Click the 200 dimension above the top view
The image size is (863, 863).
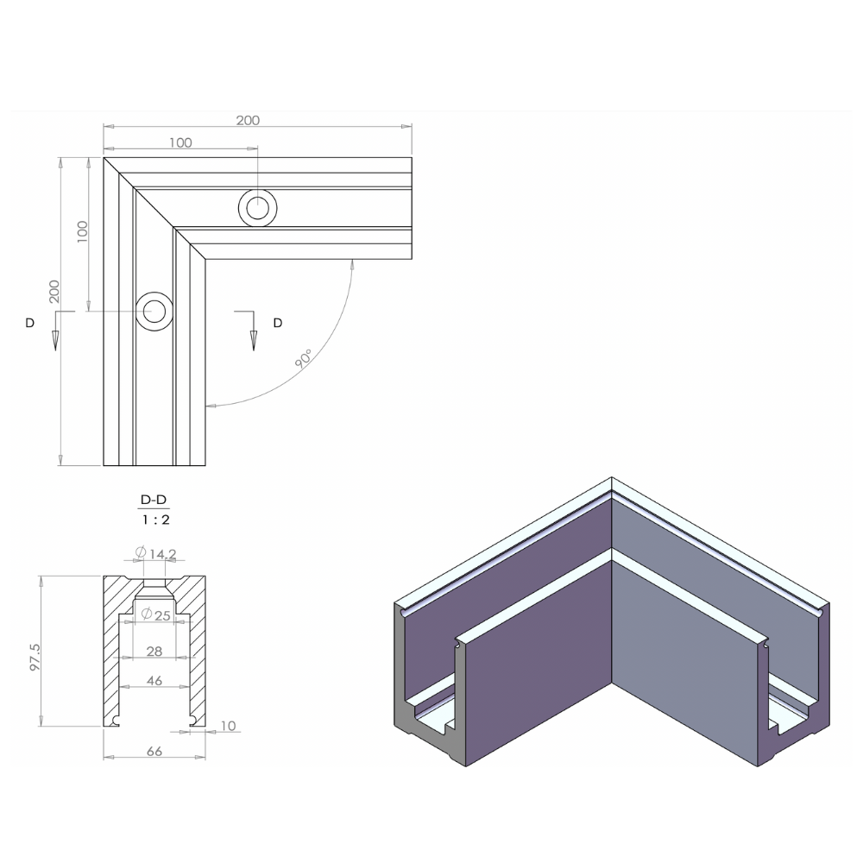pyautogui.click(x=248, y=121)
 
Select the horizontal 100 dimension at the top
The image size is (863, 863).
pyautogui.click(x=180, y=143)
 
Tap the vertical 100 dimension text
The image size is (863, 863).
pyautogui.click(x=82, y=231)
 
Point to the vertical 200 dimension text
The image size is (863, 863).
pyautogui.click(x=54, y=291)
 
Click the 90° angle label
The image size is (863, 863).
pyautogui.click(x=304, y=360)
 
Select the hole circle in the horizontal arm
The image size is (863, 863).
pyautogui.click(x=258, y=208)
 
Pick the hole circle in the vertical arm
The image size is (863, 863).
pyautogui.click(x=154, y=311)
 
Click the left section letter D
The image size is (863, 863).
pyautogui.click(x=30, y=323)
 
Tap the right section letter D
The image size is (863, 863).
pyautogui.click(x=277, y=323)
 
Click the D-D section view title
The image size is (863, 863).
pyautogui.click(x=154, y=501)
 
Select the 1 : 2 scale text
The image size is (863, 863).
pyautogui.click(x=154, y=520)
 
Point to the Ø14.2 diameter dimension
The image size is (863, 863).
pyautogui.click(x=156, y=553)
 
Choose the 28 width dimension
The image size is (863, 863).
pyautogui.click(x=154, y=651)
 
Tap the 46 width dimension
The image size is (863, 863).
pyautogui.click(x=154, y=681)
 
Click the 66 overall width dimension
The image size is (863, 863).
pyautogui.click(x=154, y=752)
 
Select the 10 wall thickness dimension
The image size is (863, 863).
pyautogui.click(x=228, y=727)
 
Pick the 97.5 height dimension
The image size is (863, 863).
pyautogui.click(x=35, y=657)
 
